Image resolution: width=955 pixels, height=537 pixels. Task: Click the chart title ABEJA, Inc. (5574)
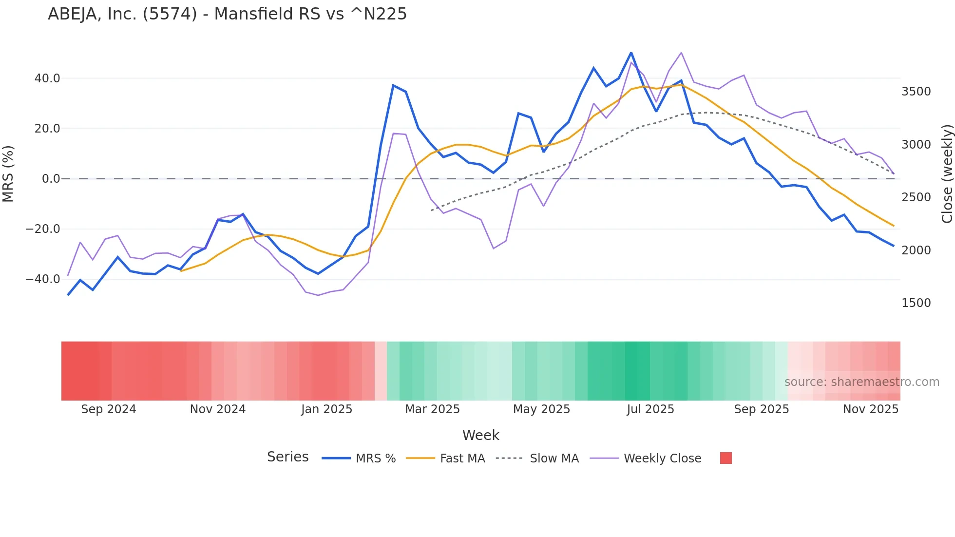227,14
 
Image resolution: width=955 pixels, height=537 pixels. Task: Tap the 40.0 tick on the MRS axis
47,78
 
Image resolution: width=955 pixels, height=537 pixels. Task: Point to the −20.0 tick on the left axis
43,229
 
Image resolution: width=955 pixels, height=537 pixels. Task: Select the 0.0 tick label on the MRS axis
51,179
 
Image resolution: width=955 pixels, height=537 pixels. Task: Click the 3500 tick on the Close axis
916,92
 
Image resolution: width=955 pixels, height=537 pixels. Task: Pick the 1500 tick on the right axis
916,303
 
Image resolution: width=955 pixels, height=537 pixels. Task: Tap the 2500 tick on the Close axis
916,197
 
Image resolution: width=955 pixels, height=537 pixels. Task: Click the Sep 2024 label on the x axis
109,409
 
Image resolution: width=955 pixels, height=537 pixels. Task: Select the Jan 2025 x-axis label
326,409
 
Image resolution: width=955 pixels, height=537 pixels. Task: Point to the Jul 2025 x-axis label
650,409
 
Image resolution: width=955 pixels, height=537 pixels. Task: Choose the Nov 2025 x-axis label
871,409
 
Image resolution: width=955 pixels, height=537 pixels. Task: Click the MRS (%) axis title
8,173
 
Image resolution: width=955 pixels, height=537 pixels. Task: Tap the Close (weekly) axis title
947,173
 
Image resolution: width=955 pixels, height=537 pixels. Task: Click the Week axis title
480,435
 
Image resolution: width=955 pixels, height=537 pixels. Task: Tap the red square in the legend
726,458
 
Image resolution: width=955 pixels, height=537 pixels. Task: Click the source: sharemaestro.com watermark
861,382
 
